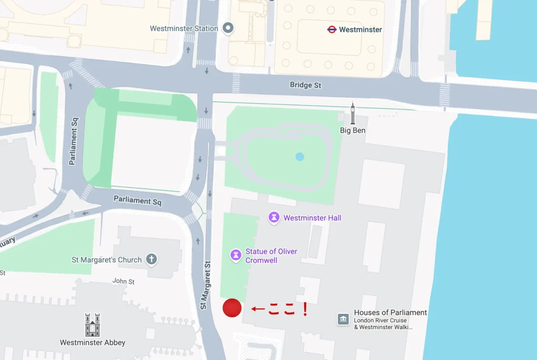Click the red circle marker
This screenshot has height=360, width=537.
pyautogui.click(x=232, y=308)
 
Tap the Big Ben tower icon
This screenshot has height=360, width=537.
pyautogui.click(x=353, y=113)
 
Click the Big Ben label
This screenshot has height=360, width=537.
pyautogui.click(x=352, y=130)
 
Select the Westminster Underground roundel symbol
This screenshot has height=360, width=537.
pyautogui.click(x=331, y=30)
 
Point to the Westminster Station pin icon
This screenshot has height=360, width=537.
pyautogui.click(x=228, y=28)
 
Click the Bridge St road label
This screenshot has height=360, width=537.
pyautogui.click(x=305, y=85)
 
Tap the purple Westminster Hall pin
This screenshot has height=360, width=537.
pyautogui.click(x=274, y=217)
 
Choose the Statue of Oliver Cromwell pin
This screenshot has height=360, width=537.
pyautogui.click(x=236, y=255)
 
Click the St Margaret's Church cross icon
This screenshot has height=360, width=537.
pyautogui.click(x=152, y=259)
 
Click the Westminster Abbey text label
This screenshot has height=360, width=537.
pyautogui.click(x=92, y=343)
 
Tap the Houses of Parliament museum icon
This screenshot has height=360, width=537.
pyautogui.click(x=343, y=319)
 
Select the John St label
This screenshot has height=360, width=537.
pyautogui.click(x=123, y=281)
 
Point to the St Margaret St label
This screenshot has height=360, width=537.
pyautogui.click(x=205, y=285)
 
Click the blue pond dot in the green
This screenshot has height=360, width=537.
pyautogui.click(x=299, y=156)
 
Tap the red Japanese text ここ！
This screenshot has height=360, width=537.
pyautogui.click(x=287, y=309)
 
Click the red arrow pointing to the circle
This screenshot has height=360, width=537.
pyautogui.click(x=257, y=309)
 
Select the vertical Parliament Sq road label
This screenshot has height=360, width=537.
pyautogui.click(x=73, y=140)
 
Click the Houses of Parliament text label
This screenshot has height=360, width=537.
pyautogui.click(x=390, y=313)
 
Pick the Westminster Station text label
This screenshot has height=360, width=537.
pyautogui.click(x=184, y=28)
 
